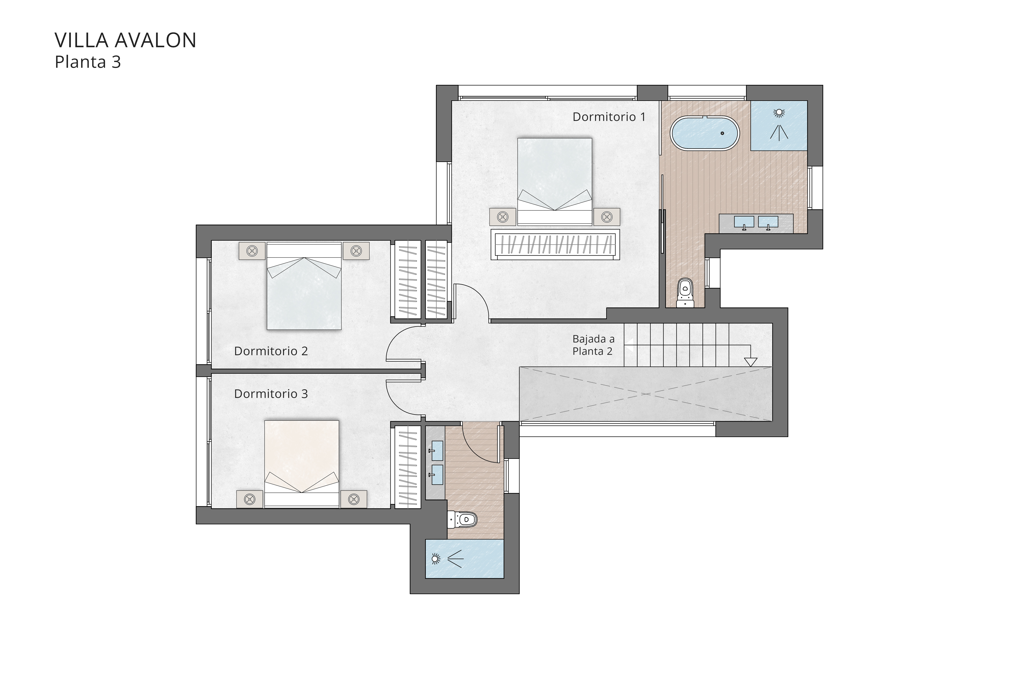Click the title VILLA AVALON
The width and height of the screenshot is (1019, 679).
coord(125,40)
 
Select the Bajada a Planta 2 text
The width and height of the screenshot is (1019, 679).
coord(593,345)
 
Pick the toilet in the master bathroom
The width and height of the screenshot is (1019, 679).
coord(685,289)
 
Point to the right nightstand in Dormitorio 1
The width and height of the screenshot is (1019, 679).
coord(607,217)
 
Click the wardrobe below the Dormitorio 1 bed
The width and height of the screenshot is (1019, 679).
coord(555,245)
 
